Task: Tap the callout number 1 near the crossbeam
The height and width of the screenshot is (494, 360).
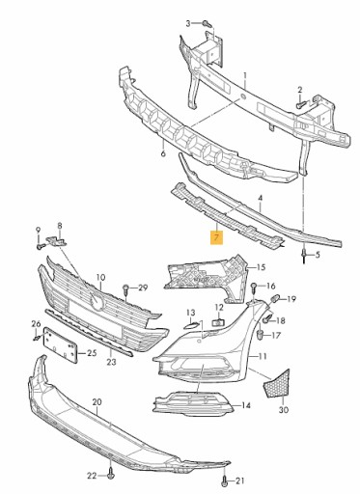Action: [244, 75]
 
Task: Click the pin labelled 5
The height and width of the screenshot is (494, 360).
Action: [304, 256]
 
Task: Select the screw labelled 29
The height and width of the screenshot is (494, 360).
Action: [128, 288]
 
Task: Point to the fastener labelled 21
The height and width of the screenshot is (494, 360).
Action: [225, 479]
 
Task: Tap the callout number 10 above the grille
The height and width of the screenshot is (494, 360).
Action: [99, 277]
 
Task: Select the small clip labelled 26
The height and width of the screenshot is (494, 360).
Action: [35, 337]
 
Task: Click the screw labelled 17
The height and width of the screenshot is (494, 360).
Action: [263, 335]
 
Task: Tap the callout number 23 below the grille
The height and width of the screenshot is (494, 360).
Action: [111, 364]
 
